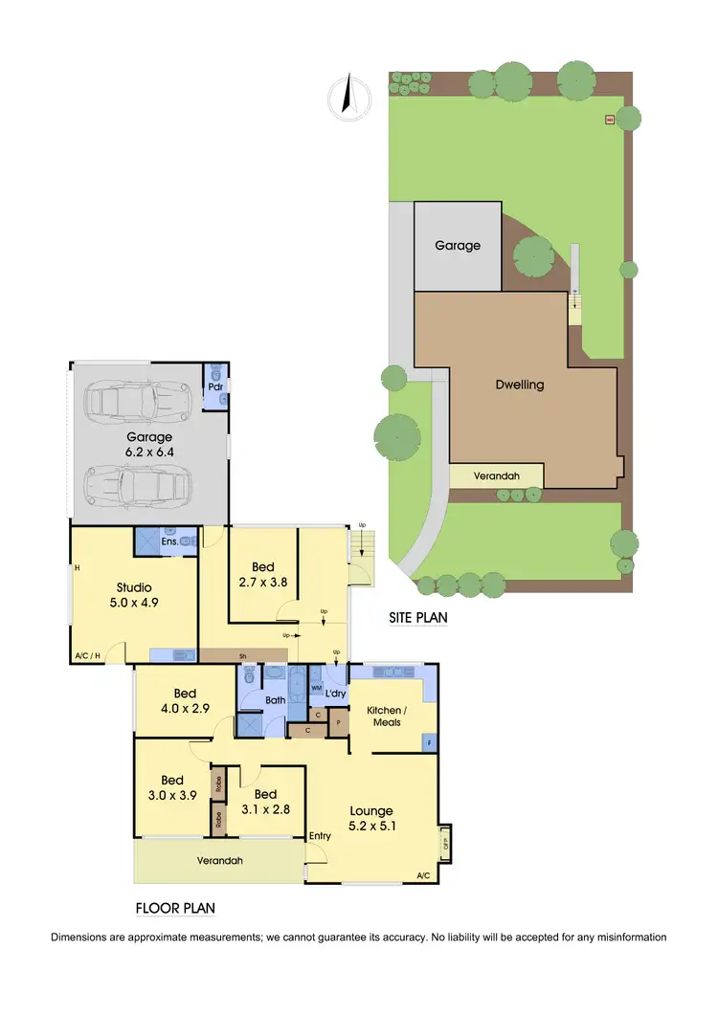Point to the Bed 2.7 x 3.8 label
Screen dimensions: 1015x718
pyautogui.click(x=261, y=573)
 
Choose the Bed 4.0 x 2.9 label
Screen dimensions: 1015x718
pyautogui.click(x=185, y=700)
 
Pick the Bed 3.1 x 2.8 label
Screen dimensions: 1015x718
pyautogui.click(x=265, y=802)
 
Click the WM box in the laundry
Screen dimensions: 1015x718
pyautogui.click(x=316, y=689)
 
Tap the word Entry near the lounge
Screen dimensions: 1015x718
pyautogui.click(x=320, y=836)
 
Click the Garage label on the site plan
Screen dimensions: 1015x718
pyautogui.click(x=458, y=245)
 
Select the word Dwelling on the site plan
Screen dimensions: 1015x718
pyautogui.click(x=520, y=385)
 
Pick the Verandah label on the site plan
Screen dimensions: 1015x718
pyautogui.click(x=497, y=475)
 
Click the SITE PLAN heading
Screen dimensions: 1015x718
pyautogui.click(x=418, y=618)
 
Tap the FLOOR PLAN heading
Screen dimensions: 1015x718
pyautogui.click(x=175, y=908)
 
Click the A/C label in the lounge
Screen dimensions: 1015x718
pyautogui.click(x=423, y=875)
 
